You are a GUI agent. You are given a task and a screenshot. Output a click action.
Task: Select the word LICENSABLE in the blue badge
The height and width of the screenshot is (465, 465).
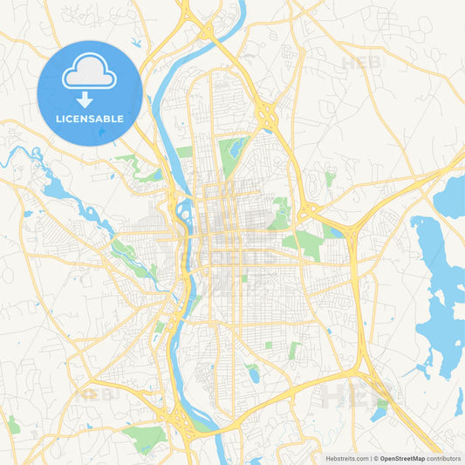(x=90, y=119)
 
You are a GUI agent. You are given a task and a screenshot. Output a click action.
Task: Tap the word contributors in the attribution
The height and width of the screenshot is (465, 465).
(x=444, y=458)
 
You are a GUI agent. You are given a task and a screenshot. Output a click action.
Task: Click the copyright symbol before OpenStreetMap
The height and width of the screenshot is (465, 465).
(x=374, y=458)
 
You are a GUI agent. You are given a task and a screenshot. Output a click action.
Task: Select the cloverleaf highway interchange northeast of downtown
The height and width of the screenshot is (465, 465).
(x=266, y=112)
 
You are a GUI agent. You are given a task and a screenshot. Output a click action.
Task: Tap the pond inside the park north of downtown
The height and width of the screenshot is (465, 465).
(x=234, y=149)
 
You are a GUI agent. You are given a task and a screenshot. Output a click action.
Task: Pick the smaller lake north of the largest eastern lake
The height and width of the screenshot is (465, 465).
(x=452, y=197)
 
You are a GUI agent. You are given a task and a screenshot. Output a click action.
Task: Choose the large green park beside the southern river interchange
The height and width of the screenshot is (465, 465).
(x=144, y=435)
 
